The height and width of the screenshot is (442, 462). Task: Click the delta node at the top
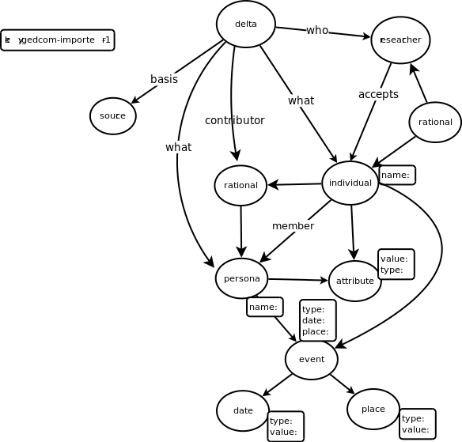(246, 24)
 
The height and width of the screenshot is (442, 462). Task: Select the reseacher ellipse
(400, 40)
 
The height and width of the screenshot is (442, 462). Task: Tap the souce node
(113, 116)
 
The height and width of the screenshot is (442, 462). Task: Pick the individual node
(350, 183)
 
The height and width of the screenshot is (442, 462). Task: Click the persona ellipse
(241, 278)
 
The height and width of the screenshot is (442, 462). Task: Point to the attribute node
(354, 281)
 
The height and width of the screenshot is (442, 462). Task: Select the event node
(312, 359)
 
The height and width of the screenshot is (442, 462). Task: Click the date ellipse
(243, 410)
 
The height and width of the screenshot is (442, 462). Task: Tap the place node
(373, 409)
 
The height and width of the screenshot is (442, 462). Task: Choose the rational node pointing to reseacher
(435, 122)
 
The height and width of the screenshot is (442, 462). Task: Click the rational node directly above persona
(240, 185)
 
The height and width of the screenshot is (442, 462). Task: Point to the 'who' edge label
(317, 30)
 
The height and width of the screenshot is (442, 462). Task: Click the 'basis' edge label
(164, 79)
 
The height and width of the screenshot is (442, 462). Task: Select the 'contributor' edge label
(234, 120)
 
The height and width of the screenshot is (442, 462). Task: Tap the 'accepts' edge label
(378, 94)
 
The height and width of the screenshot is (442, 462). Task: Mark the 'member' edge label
(293, 226)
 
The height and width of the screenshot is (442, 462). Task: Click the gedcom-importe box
(58, 40)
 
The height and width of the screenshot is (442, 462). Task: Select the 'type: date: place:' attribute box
(317, 320)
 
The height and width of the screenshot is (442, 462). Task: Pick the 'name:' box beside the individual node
(396, 175)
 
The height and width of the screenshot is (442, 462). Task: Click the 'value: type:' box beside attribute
(396, 264)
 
